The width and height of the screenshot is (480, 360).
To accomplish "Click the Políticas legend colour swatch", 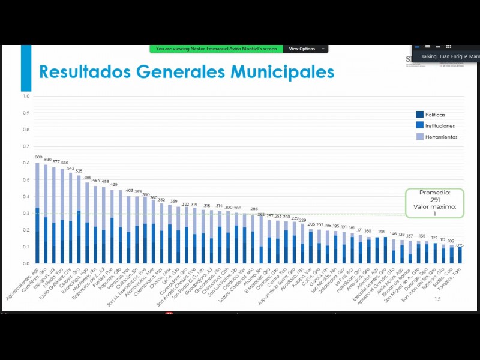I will click(x=420, y=115).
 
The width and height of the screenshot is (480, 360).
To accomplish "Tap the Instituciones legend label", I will click(x=440, y=126).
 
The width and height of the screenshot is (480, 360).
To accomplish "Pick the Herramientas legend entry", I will click(x=441, y=137).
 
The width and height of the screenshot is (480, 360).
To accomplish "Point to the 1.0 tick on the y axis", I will click(x=26, y=96).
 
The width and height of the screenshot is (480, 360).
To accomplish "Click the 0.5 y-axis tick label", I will click(x=26, y=180).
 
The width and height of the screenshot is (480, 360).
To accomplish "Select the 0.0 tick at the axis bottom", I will click(x=26, y=263).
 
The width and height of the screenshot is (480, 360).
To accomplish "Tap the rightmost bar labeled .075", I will click(x=460, y=254).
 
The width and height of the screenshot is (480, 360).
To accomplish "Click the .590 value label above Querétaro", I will click(x=47, y=160).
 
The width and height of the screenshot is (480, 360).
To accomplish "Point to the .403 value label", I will click(x=129, y=190).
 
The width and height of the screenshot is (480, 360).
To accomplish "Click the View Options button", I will click(x=305, y=49).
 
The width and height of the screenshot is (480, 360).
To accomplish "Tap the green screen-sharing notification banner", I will click(x=217, y=49).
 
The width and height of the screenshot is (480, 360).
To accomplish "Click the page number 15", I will click(x=437, y=307).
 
